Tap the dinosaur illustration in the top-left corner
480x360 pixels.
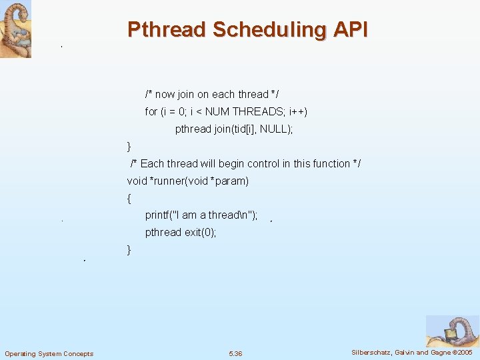point(15,29)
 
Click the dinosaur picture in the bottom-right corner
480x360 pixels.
point(452,331)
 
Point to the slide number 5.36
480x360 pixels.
point(235,353)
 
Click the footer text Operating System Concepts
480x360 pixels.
point(49,353)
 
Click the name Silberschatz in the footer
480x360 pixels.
point(372,352)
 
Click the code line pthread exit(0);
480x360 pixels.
point(181,233)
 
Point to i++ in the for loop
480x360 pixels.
point(295,112)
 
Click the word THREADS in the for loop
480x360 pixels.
point(259,112)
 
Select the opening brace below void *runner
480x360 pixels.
point(129,198)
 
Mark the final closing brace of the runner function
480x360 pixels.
point(129,250)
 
